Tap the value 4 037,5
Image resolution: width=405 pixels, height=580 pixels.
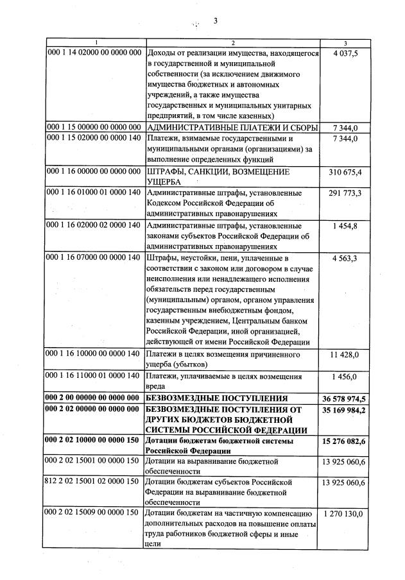coord(346,55)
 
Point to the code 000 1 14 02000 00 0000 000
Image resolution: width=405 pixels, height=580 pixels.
coord(94,55)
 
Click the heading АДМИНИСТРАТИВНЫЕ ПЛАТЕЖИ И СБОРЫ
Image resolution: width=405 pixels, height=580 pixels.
coord(232,128)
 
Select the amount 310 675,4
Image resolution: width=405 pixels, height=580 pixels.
coord(345,172)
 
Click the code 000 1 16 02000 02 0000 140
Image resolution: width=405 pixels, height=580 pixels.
coord(94,226)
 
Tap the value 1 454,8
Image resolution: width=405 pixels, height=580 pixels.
coord(346,226)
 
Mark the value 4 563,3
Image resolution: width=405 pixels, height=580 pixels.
coord(346,258)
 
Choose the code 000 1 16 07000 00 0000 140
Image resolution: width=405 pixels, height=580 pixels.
coord(94,258)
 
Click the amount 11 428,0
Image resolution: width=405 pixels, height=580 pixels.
coord(346,354)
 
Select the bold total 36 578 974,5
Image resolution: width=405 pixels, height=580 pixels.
coord(345,398)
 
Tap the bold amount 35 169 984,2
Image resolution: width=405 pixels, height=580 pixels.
coord(345,409)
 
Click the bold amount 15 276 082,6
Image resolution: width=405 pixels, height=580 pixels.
coord(345,442)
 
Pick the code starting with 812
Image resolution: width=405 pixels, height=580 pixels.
coord(94,482)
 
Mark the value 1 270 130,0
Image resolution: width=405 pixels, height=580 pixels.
coord(345,514)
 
